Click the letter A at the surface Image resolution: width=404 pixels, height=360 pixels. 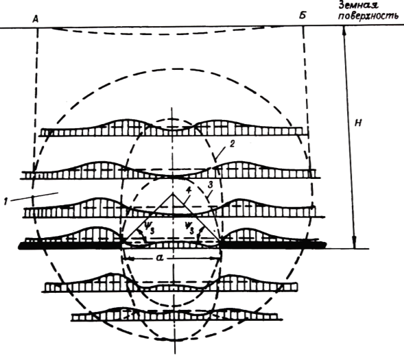pyautogui.click(x=36, y=19)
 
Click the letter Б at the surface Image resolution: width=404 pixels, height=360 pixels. pyautogui.click(x=302, y=16)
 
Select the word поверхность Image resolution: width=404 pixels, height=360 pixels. pyautogui.click(x=368, y=16)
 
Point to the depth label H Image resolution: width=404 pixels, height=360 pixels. pyautogui.click(x=358, y=123)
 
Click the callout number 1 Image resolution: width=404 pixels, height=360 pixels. pyautogui.click(x=5, y=201)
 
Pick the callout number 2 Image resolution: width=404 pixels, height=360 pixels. pyautogui.click(x=232, y=144)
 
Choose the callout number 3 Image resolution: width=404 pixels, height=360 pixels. pyautogui.click(x=211, y=184)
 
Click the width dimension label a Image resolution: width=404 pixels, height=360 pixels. pyautogui.click(x=160, y=258)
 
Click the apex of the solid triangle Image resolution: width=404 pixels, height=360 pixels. pyautogui.click(x=172, y=193)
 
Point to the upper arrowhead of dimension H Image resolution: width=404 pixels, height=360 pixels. pyautogui.click(x=344, y=30)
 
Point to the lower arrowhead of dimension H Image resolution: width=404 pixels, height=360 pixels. pyautogui.click(x=355, y=244)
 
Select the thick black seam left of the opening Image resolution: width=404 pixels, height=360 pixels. pyautogui.click(x=70, y=245)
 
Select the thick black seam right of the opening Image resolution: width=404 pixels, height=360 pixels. pyautogui.click(x=273, y=244)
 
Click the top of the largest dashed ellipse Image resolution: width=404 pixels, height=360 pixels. pyautogui.click(x=175, y=69)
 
